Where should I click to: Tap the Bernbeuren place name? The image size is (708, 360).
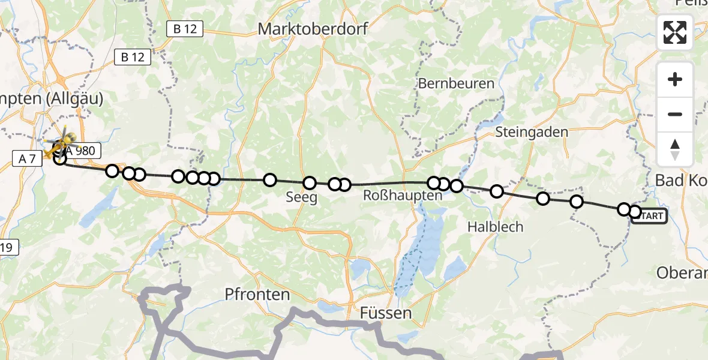coord(456,84)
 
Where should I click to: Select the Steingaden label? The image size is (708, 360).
coord(532,131)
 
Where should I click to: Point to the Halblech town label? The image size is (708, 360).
coord(495,227)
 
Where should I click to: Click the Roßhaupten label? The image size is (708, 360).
coord(403,196)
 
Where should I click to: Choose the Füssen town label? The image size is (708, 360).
coord(386,313)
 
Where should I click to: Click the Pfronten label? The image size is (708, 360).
coord(257,295)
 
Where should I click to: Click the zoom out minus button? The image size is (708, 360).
coord(675,114)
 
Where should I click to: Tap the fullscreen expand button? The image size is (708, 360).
coord(675,32)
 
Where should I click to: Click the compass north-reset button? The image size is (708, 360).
coord(675,149)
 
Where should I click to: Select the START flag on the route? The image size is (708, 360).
coord(649,216)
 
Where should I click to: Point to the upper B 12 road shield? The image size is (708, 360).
coord(185,28)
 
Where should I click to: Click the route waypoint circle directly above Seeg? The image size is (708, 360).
coord(310,183)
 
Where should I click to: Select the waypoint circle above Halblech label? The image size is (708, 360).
coord(497,191)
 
